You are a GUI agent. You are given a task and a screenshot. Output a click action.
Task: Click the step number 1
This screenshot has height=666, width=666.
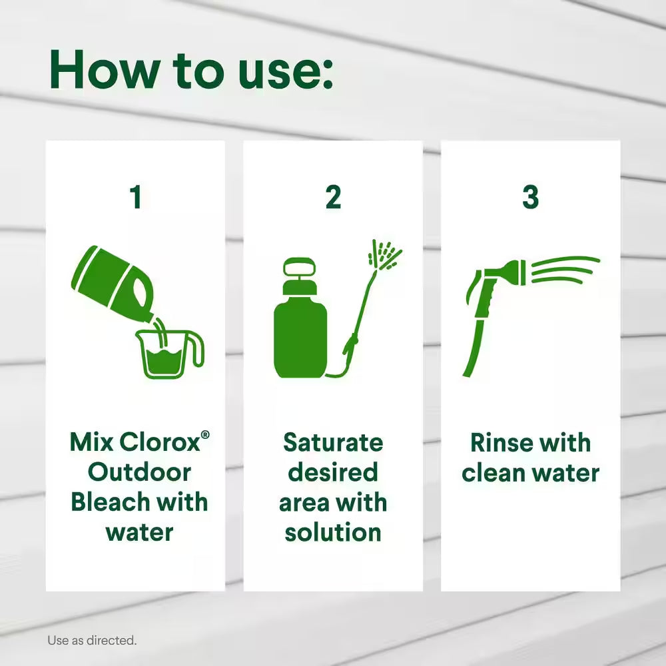click(136, 197)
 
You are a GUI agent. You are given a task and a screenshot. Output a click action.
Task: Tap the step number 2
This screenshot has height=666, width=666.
click(333, 197)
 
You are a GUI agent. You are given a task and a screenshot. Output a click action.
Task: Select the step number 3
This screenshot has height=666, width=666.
click(531, 197)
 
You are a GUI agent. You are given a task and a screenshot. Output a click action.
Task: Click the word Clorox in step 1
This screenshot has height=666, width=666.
click(160, 442)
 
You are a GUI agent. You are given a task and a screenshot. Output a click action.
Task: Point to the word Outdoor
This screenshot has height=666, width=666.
click(139, 472)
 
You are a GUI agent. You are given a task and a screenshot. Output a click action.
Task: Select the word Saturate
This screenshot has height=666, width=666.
click(333, 443)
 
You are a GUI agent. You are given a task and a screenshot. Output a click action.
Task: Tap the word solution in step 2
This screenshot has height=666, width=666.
click(333, 532)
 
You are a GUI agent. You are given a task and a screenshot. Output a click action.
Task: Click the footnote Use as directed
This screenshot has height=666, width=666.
click(92, 640)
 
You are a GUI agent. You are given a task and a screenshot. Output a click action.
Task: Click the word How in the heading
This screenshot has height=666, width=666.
click(105, 70)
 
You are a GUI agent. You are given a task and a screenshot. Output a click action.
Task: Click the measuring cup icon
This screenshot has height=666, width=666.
click(170, 354)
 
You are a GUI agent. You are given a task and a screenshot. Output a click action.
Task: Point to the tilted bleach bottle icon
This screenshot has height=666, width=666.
click(115, 284)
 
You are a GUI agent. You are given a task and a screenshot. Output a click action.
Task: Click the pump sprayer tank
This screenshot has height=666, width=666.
click(301, 318)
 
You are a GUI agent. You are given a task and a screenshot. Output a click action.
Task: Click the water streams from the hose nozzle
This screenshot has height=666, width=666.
click(565, 270)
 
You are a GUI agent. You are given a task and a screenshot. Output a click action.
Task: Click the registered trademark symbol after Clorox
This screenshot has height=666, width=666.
click(204, 434)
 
